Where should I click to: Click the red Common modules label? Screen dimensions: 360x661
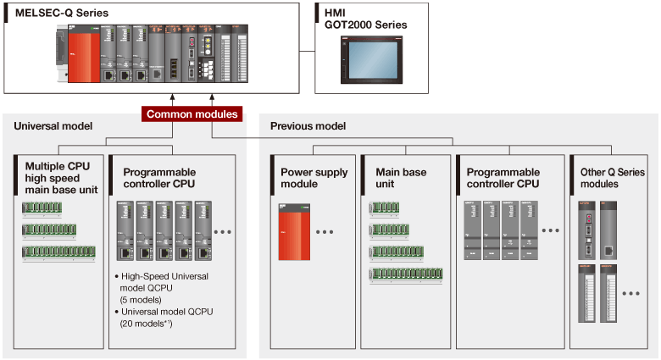(192, 114)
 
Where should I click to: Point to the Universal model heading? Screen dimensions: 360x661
(53, 126)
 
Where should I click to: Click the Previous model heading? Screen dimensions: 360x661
(308, 126)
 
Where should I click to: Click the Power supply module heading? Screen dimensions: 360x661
(314, 178)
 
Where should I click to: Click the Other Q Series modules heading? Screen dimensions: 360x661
(612, 178)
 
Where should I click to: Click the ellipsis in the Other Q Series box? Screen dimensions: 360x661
(630, 294)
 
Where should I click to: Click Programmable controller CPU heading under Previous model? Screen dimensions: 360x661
(503, 178)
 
